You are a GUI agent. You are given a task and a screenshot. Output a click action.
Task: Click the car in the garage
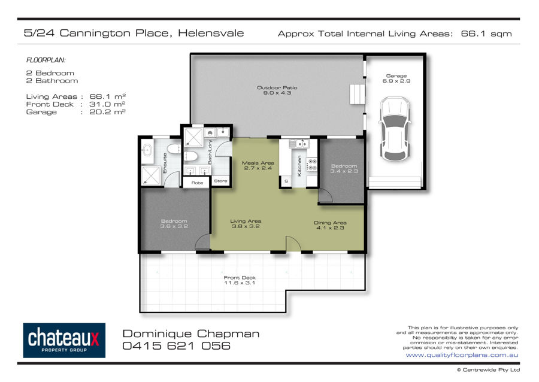pyautogui.click(x=395, y=129)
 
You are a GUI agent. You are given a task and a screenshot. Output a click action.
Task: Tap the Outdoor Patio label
pyautogui.click(x=277, y=90)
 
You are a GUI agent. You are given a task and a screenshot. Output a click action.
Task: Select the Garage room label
pyautogui.click(x=396, y=78)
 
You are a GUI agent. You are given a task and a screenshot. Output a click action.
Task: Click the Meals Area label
pyautogui.click(x=258, y=166)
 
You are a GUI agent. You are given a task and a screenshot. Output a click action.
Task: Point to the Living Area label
pyautogui.click(x=246, y=224)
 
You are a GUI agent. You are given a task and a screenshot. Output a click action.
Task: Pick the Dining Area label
pyautogui.click(x=330, y=225)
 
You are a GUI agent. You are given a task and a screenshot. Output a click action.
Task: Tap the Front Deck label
pyautogui.click(x=240, y=280)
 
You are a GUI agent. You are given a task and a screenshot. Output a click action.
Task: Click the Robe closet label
pyautogui.click(x=197, y=183)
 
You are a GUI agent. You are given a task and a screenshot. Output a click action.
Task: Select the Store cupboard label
pyautogui.click(x=220, y=181)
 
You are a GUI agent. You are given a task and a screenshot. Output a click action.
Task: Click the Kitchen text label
pyautogui.click(x=299, y=166)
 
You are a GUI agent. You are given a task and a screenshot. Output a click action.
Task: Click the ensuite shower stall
pyautogui.click(x=151, y=175)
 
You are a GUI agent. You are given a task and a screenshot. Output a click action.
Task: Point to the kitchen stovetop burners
pyautogui.click(x=312, y=165)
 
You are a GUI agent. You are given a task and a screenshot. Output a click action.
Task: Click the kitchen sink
pyautogui.click(x=299, y=144)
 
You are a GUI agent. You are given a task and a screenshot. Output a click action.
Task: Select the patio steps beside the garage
pyautogui.click(x=357, y=94)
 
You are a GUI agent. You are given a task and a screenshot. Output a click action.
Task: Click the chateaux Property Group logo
pyautogui.click(x=64, y=340)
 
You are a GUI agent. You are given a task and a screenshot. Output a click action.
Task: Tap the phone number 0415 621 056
pyautogui.click(x=176, y=345)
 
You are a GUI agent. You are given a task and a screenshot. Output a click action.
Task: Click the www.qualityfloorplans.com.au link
pyautogui.click(x=462, y=355)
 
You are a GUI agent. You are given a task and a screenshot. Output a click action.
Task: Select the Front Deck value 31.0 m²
pyautogui.click(x=107, y=104)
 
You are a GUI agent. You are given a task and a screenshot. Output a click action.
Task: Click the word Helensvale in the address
pyautogui.click(x=211, y=33)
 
